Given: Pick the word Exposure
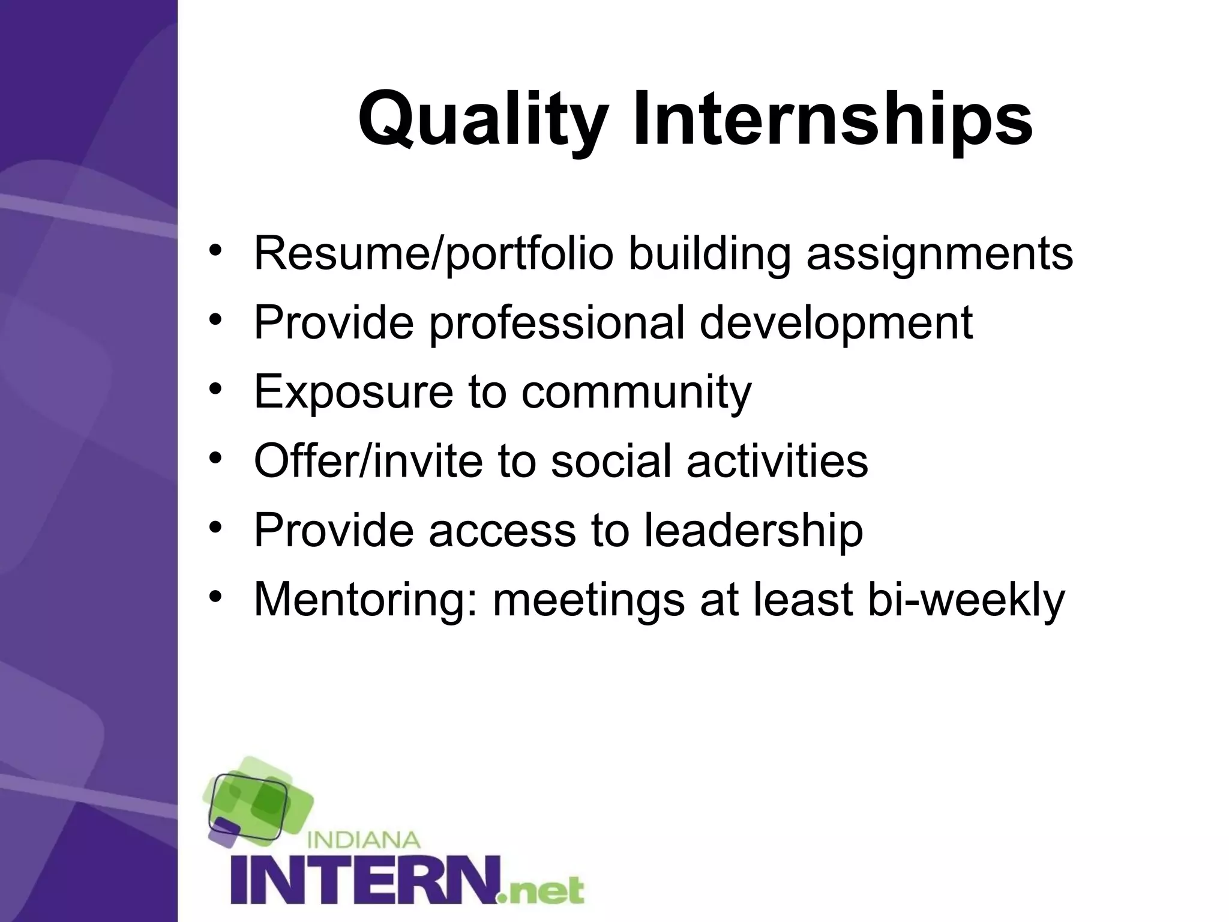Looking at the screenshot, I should coord(353,392).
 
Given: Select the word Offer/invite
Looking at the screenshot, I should coord(368,461).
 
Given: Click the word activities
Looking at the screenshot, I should coord(777,461).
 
